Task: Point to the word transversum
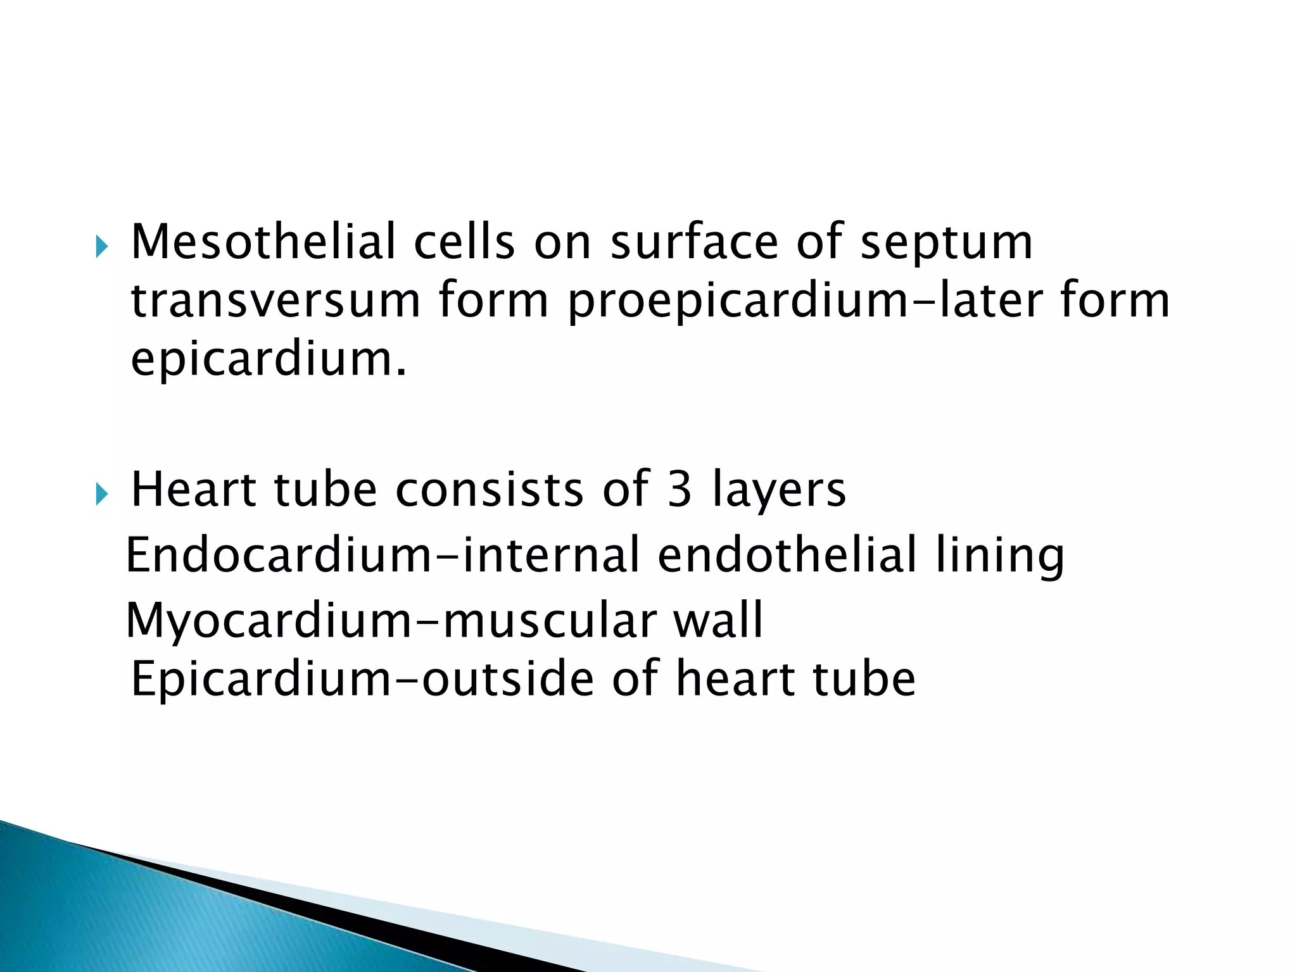275,301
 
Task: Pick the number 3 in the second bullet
679,489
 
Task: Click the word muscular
549,620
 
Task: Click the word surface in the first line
693,242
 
